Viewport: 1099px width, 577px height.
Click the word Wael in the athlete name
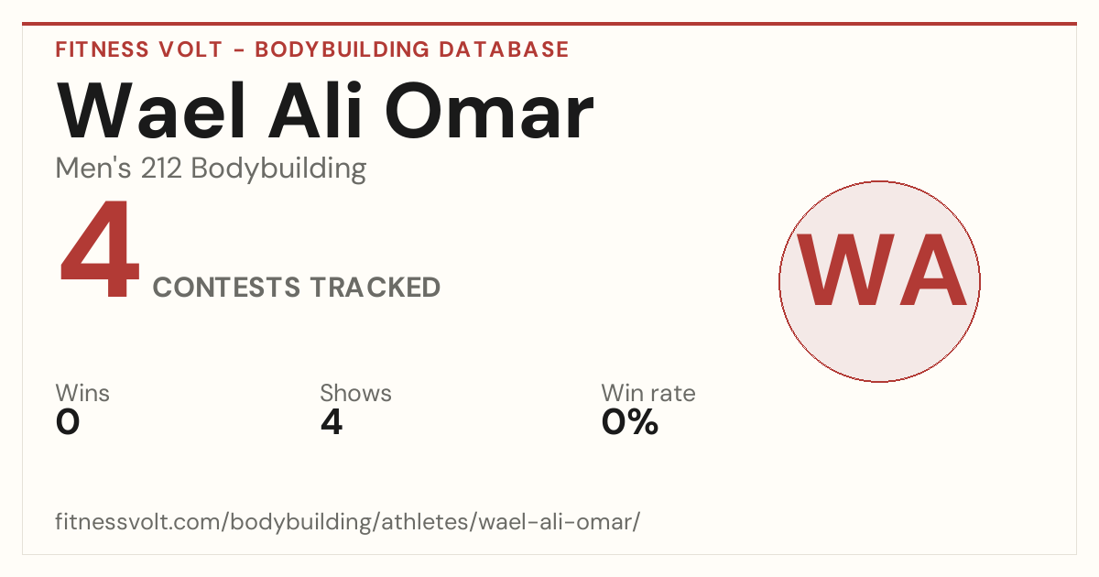151,111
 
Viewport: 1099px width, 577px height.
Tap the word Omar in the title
489,112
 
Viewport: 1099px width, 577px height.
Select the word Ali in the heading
315,111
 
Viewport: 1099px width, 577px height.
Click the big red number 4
100,248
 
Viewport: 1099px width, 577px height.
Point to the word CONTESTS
226,287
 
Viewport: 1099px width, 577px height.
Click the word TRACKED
375,287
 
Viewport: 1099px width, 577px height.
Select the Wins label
82,393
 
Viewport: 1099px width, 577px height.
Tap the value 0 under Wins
68,422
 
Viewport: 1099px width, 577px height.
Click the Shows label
355,393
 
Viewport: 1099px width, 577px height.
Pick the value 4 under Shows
332,422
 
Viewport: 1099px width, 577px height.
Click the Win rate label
648,393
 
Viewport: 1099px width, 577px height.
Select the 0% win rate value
629,422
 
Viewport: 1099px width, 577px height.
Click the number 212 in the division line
161,169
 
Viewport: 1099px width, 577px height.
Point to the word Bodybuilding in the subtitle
278,169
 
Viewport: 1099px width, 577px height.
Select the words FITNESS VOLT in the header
139,49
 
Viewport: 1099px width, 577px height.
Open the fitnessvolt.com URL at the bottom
347,521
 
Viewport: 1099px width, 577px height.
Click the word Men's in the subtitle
93,169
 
